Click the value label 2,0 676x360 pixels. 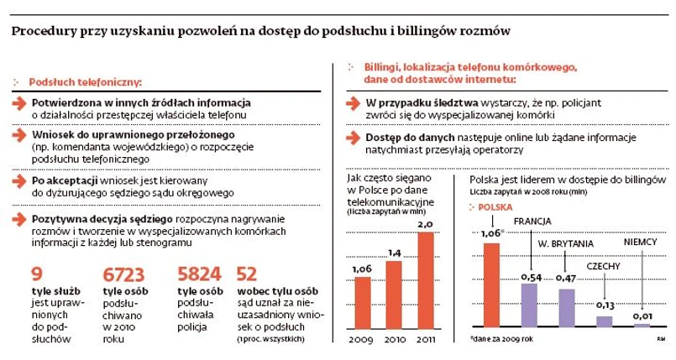click(425, 226)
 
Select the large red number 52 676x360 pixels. click(247, 274)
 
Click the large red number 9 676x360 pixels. click(36, 274)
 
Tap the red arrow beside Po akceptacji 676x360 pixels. click(19, 180)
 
